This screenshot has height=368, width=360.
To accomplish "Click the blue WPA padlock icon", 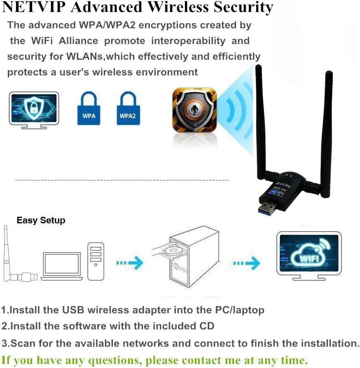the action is (x=89, y=109).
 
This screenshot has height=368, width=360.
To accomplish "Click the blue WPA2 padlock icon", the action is (x=128, y=109).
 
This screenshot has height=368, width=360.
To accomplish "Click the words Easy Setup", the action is (x=41, y=220).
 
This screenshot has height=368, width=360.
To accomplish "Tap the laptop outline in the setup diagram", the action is (x=62, y=265).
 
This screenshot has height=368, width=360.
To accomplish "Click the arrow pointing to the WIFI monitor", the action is (x=247, y=262).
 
